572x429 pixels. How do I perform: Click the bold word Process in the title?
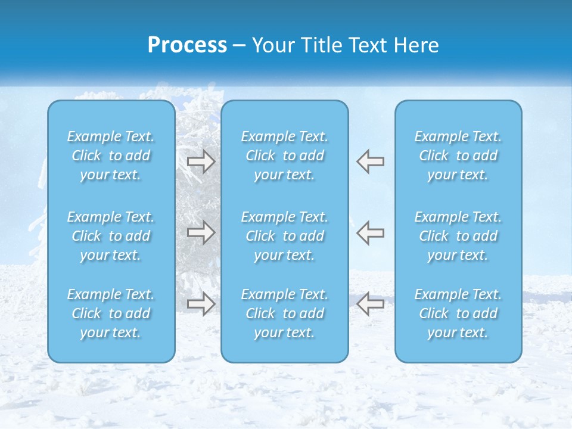coord(187,45)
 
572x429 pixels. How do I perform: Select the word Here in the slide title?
coord(418,45)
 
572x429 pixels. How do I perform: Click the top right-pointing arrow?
coord(201,161)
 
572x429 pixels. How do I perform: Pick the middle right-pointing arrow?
coord(201,232)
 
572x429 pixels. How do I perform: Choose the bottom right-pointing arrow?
coord(201,304)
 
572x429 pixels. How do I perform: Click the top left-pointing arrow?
coord(370,161)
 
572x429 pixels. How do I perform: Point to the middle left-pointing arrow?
coord(370,232)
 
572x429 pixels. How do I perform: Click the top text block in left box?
coord(111,156)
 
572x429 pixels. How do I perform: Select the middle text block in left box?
coord(111,236)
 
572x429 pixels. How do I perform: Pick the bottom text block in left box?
coord(111,313)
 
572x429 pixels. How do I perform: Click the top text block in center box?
coord(285,156)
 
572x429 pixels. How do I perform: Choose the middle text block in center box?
coord(285,236)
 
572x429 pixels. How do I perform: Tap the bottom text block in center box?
coord(285,313)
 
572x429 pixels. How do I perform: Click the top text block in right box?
coord(458,156)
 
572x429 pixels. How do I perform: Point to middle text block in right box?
coord(458,236)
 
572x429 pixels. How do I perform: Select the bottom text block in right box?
coord(458,313)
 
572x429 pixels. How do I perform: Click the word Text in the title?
coord(366,45)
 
